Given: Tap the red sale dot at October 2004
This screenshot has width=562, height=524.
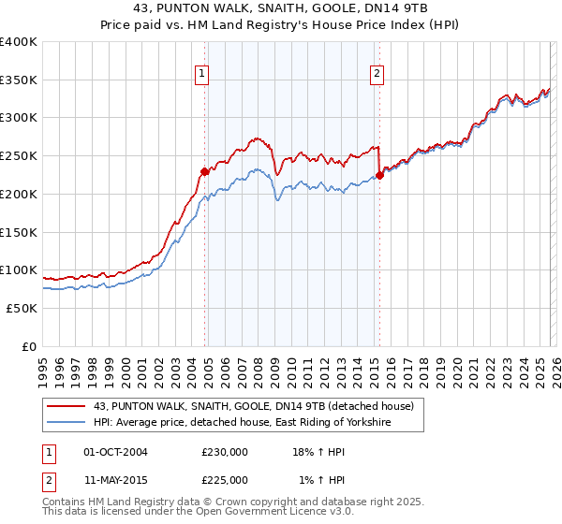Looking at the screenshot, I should (204, 171).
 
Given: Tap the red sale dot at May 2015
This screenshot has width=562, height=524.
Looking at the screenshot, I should (379, 175).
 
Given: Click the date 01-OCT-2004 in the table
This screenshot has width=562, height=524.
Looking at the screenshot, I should (115, 452).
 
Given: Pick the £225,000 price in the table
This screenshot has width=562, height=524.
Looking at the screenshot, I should (225, 480).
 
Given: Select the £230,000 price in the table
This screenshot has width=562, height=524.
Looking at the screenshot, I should (225, 452).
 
